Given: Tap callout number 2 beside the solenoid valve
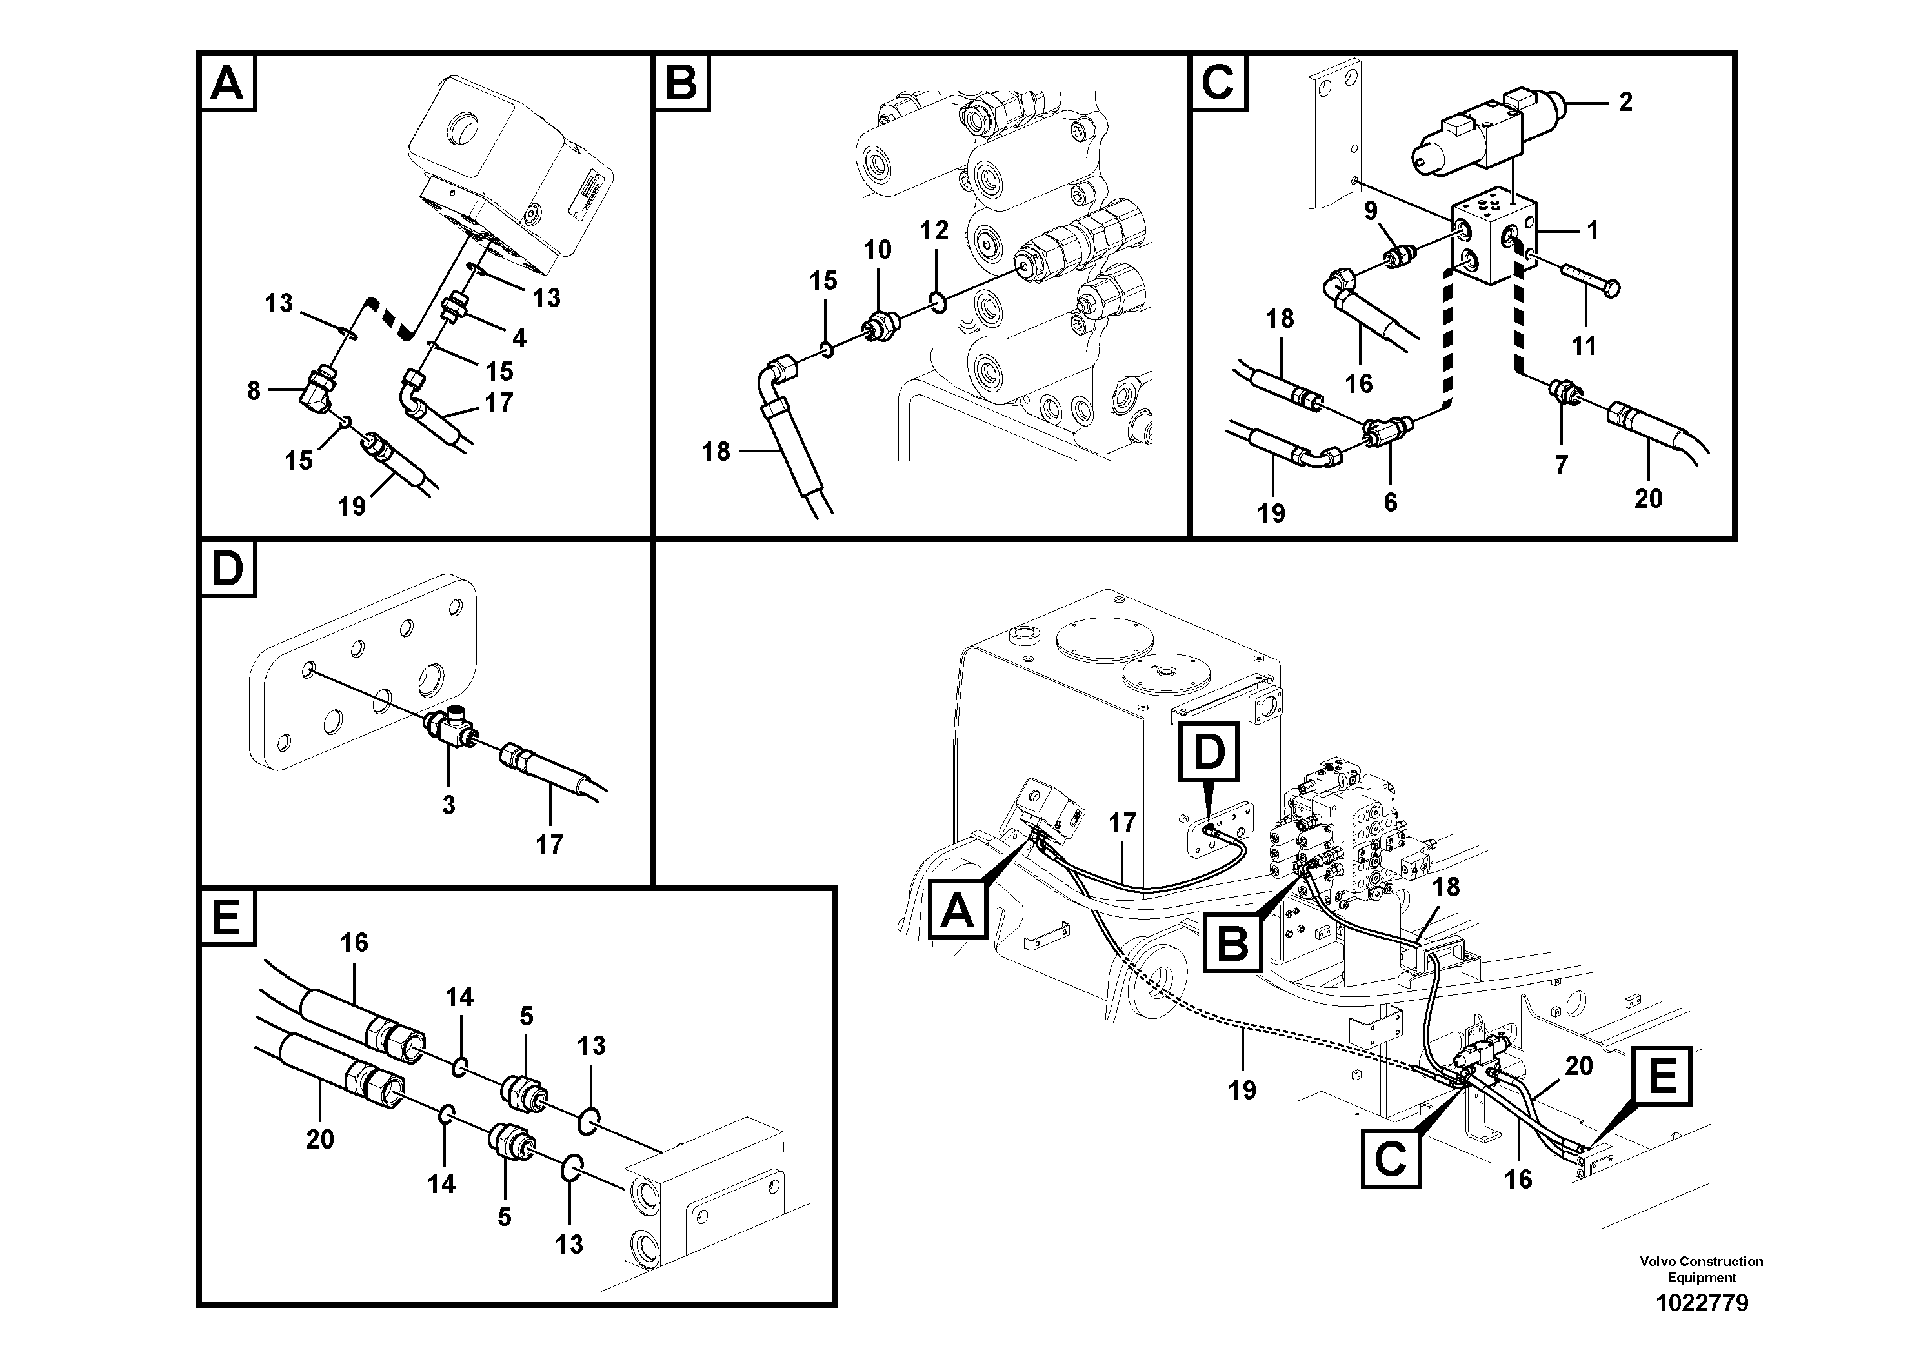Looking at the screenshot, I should tap(1625, 102).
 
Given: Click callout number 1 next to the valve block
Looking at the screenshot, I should tap(1592, 230).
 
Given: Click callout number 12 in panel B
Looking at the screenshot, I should tap(934, 230).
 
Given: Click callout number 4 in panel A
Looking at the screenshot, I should tap(519, 337).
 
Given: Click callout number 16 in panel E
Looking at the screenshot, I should tap(354, 943).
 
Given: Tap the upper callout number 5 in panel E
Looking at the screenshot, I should tap(527, 1016).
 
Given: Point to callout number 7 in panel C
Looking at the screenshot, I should tap(1561, 465).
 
